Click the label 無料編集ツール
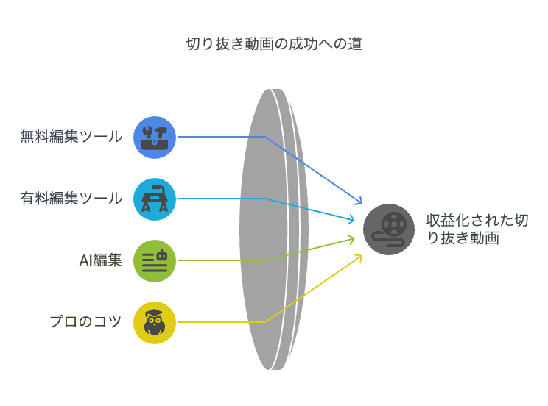71,136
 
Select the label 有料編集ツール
71,198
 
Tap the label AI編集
100,260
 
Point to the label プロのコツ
85,321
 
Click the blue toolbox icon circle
155,137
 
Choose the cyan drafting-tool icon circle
155,199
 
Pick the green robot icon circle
155,260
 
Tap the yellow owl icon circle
155,322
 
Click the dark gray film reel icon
389,229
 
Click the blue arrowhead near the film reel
359,202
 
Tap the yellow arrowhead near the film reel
359,256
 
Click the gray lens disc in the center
269,228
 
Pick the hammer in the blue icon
161,130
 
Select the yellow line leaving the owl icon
221,322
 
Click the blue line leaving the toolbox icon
221,137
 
